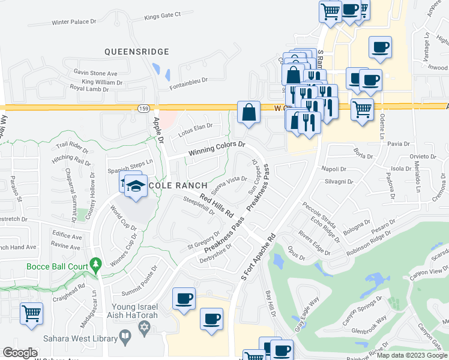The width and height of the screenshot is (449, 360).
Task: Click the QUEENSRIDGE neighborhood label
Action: pyautogui.click(x=137, y=52)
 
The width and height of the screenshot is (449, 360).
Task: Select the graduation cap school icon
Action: pyautogui.click(x=136, y=185)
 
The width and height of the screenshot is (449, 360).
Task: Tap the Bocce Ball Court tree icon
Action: pyautogui.click(x=94, y=265)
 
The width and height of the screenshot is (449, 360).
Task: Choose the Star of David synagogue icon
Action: pyautogui.click(x=143, y=328)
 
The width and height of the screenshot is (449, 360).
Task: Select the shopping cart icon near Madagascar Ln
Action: pyautogui.click(x=31, y=313)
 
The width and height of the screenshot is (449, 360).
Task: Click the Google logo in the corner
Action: pyautogui.click(x=20, y=353)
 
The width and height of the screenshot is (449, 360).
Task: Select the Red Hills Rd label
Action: pyautogui.click(x=217, y=205)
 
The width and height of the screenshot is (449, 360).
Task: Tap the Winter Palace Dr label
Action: pyautogui.click(x=74, y=22)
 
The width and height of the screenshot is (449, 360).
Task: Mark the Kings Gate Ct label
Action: pyautogui.click(x=162, y=16)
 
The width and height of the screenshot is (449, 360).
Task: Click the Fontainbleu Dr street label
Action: pyautogui.click(x=188, y=79)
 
